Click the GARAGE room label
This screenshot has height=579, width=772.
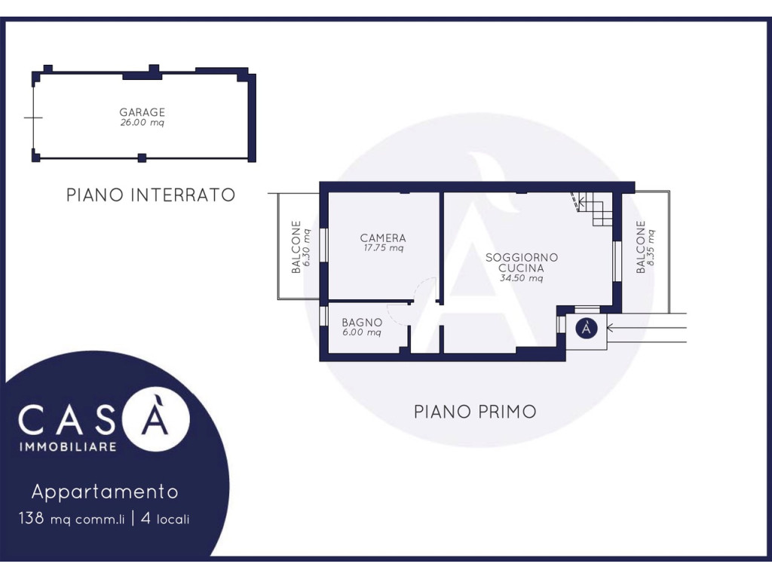(142, 112)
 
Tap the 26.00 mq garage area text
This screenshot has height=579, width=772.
(142, 123)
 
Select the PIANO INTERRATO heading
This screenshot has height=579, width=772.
(151, 195)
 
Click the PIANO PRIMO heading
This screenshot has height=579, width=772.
(475, 412)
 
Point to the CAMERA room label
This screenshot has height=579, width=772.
(383, 238)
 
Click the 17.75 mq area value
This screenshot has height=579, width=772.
(383, 248)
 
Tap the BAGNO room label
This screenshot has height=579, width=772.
(362, 323)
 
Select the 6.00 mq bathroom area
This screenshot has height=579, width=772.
(362, 332)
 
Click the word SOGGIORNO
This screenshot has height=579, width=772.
(522, 258)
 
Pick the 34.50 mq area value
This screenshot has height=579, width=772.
(522, 278)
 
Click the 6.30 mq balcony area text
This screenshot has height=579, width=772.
(307, 247)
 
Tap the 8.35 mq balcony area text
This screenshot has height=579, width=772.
(651, 247)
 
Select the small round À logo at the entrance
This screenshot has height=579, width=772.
(587, 328)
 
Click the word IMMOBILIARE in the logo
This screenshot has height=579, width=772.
(67, 447)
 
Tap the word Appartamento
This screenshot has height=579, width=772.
(105, 492)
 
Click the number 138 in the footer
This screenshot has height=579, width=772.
(32, 519)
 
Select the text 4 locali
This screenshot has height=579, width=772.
(165, 519)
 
